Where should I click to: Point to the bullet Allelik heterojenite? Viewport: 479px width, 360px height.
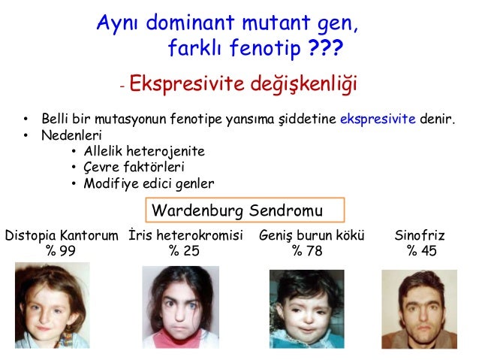coord(143,152)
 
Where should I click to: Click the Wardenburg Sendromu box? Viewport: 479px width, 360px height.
coord(243,208)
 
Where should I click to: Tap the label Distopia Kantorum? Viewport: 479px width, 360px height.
coord(62,236)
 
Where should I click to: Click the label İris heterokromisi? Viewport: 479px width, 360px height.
coord(186,236)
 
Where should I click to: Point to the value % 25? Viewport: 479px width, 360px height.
coord(184,251)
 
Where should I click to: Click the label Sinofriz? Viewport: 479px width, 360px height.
coord(420,236)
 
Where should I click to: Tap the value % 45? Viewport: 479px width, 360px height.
coord(421,251)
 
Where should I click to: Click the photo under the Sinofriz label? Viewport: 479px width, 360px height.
coord(420,309)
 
